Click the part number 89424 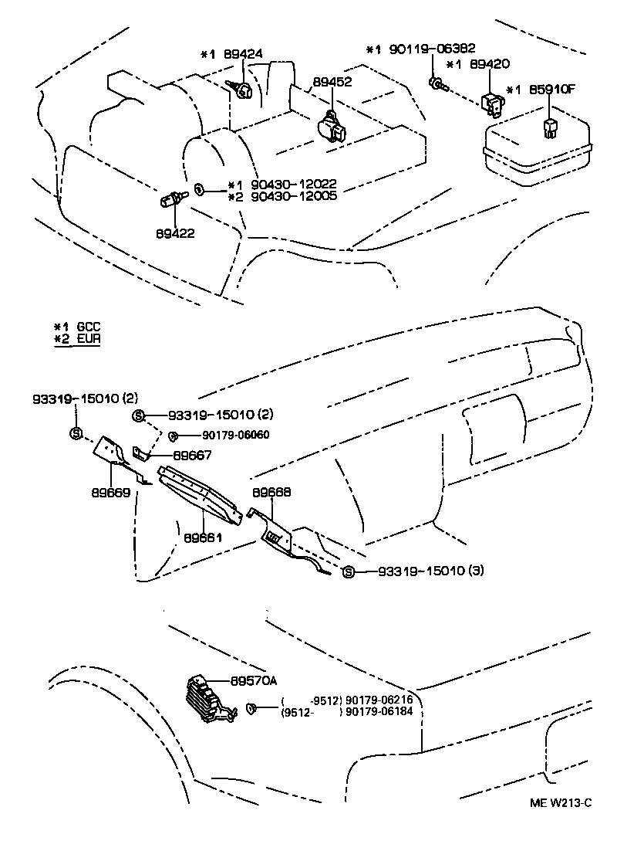(243, 54)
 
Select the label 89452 (332, 81)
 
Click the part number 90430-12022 (291, 185)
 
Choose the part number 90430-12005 (291, 197)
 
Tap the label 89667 (192, 456)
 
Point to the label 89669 (89, 491)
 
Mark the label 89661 (204, 536)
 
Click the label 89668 (271, 491)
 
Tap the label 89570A (253, 680)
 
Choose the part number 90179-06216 (379, 700)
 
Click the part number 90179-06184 (379, 710)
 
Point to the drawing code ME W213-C (560, 803)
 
